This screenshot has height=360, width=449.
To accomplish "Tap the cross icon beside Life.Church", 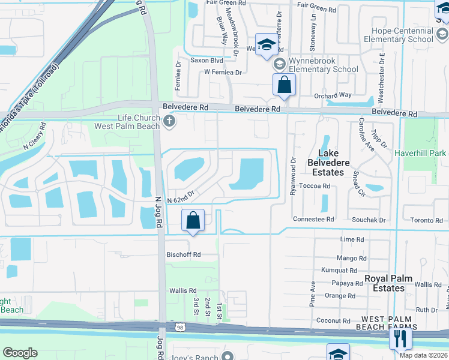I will click(x=169, y=122).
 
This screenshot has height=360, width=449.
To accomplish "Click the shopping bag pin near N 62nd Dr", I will click(x=193, y=221).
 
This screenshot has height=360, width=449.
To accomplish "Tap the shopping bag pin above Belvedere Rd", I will click(x=285, y=86).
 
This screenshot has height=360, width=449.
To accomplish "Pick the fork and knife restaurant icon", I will click(x=400, y=340).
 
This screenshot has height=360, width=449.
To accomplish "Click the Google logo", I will click(x=20, y=353).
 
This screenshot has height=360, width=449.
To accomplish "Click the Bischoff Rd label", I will click(x=183, y=254).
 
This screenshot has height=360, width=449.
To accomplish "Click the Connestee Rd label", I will click(x=313, y=220).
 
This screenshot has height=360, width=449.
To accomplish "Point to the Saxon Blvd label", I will click(x=206, y=61).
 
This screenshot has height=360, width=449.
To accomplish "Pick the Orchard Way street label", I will click(x=332, y=95).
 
